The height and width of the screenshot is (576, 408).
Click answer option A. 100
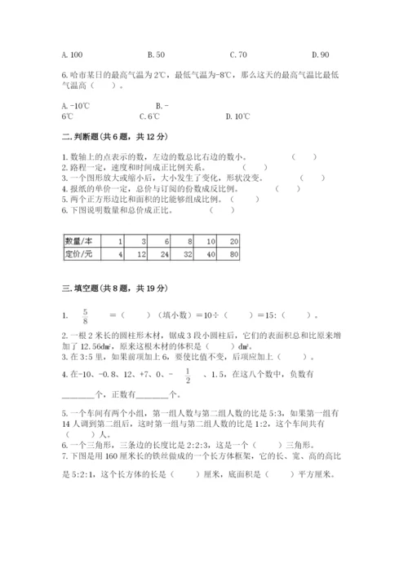(72, 55)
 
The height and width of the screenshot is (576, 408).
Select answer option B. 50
(156, 55)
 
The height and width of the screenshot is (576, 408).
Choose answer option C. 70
(238, 55)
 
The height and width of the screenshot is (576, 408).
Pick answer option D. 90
(320, 55)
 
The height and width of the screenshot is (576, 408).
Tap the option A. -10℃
(75, 105)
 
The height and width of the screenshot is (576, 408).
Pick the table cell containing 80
(233, 255)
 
